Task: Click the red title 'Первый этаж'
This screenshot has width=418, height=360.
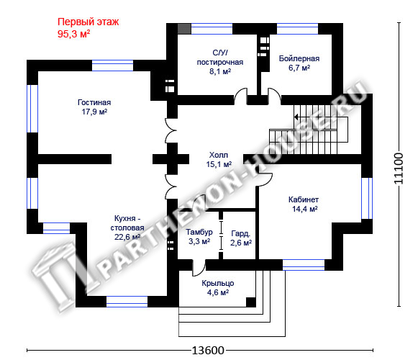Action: pos(88,22)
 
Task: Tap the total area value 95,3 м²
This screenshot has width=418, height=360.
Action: pos(73,34)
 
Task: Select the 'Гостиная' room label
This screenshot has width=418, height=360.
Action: pos(94,102)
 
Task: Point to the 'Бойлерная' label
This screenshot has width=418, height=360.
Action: pos(299,58)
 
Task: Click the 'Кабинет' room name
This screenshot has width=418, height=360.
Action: pos(304,199)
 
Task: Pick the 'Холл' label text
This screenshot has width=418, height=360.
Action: pos(219,155)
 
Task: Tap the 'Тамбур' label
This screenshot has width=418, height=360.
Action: pos(199,232)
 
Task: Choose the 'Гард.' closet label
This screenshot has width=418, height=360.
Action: pos(241,233)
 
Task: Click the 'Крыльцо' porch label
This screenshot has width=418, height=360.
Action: pos(218,283)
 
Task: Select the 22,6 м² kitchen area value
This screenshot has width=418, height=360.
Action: pos(127,237)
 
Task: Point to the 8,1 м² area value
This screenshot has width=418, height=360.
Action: pos(220,71)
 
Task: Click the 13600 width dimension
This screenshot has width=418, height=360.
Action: pos(208,350)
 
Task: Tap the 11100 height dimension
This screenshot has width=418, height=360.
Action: pos(399,168)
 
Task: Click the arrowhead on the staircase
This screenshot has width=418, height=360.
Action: pos(296,117)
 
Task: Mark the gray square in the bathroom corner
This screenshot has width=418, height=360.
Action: pos(184,29)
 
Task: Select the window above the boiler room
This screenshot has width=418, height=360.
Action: pos(298,29)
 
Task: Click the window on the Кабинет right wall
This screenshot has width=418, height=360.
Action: pos(367,198)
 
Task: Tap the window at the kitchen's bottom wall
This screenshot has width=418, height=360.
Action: pos(127,302)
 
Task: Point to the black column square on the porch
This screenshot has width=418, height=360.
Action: pos(251,302)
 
